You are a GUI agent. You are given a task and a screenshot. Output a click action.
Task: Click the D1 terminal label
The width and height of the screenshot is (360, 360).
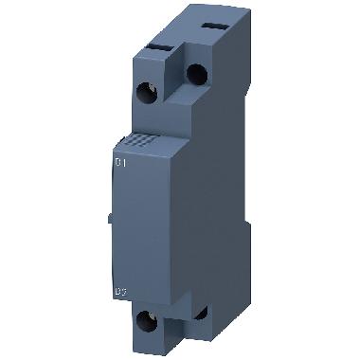pyautogui.click(x=120, y=163)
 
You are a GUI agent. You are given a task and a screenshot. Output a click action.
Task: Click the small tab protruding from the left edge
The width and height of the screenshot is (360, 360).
pyautogui.click(x=110, y=220)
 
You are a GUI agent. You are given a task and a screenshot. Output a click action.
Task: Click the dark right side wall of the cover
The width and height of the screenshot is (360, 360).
pyautogui.click(x=180, y=218)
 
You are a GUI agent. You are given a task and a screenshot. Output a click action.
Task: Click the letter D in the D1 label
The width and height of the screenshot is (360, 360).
pyautogui.click(x=117, y=163)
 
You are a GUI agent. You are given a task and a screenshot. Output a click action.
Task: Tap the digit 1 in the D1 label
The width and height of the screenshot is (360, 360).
pyautogui.click(x=124, y=163)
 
